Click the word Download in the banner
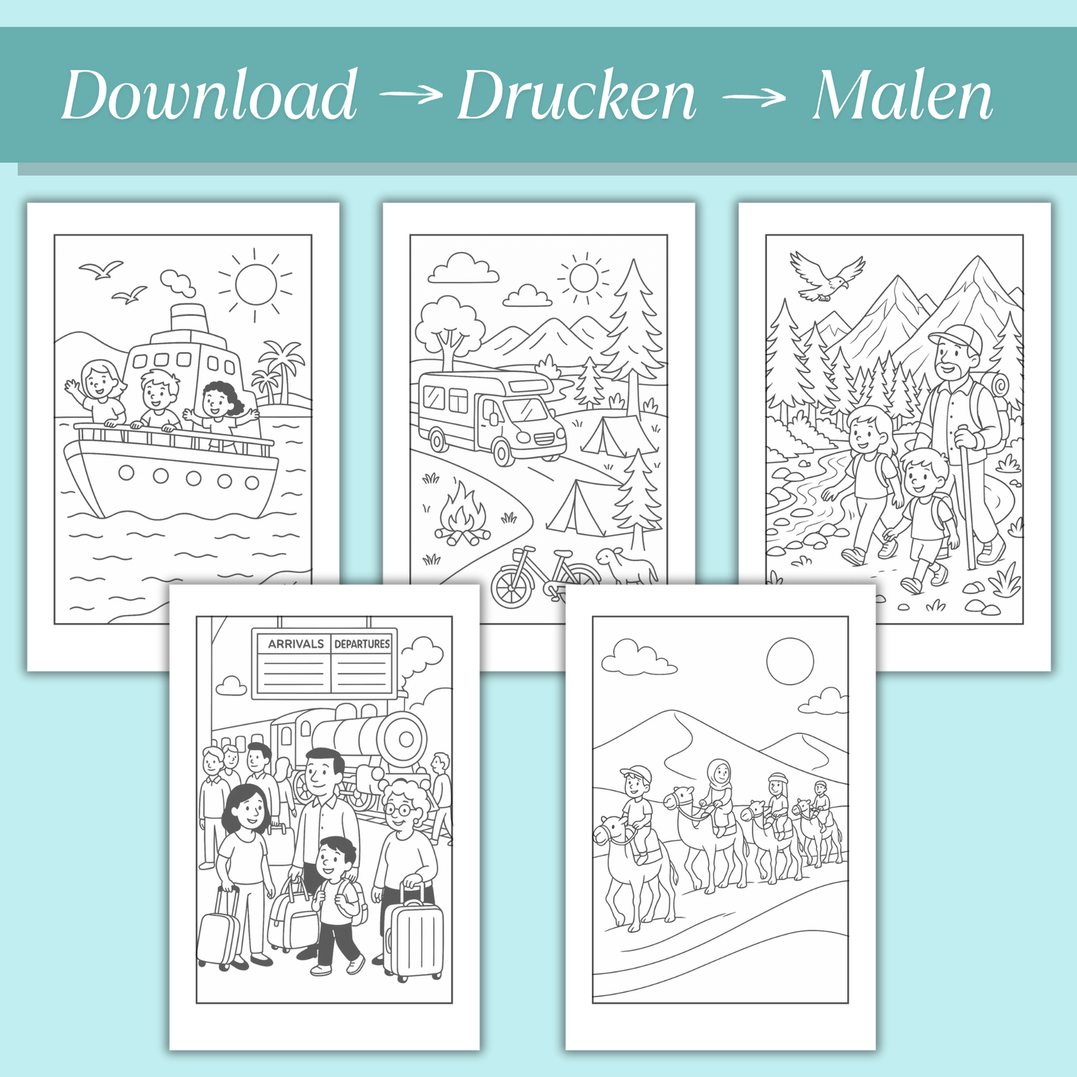pyautogui.click(x=209, y=95)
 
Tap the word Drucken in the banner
pyautogui.click(x=576, y=95)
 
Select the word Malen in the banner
pyautogui.click(x=902, y=95)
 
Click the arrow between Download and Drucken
pyautogui.click(x=410, y=95)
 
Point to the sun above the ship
pyautogui.click(x=256, y=284)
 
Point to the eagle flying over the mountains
pyautogui.click(x=825, y=277)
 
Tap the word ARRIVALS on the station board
pyautogui.click(x=296, y=644)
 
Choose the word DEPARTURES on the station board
pyautogui.click(x=362, y=644)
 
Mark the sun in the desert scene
pyautogui.click(x=790, y=660)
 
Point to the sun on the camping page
pyautogui.click(x=584, y=278)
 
